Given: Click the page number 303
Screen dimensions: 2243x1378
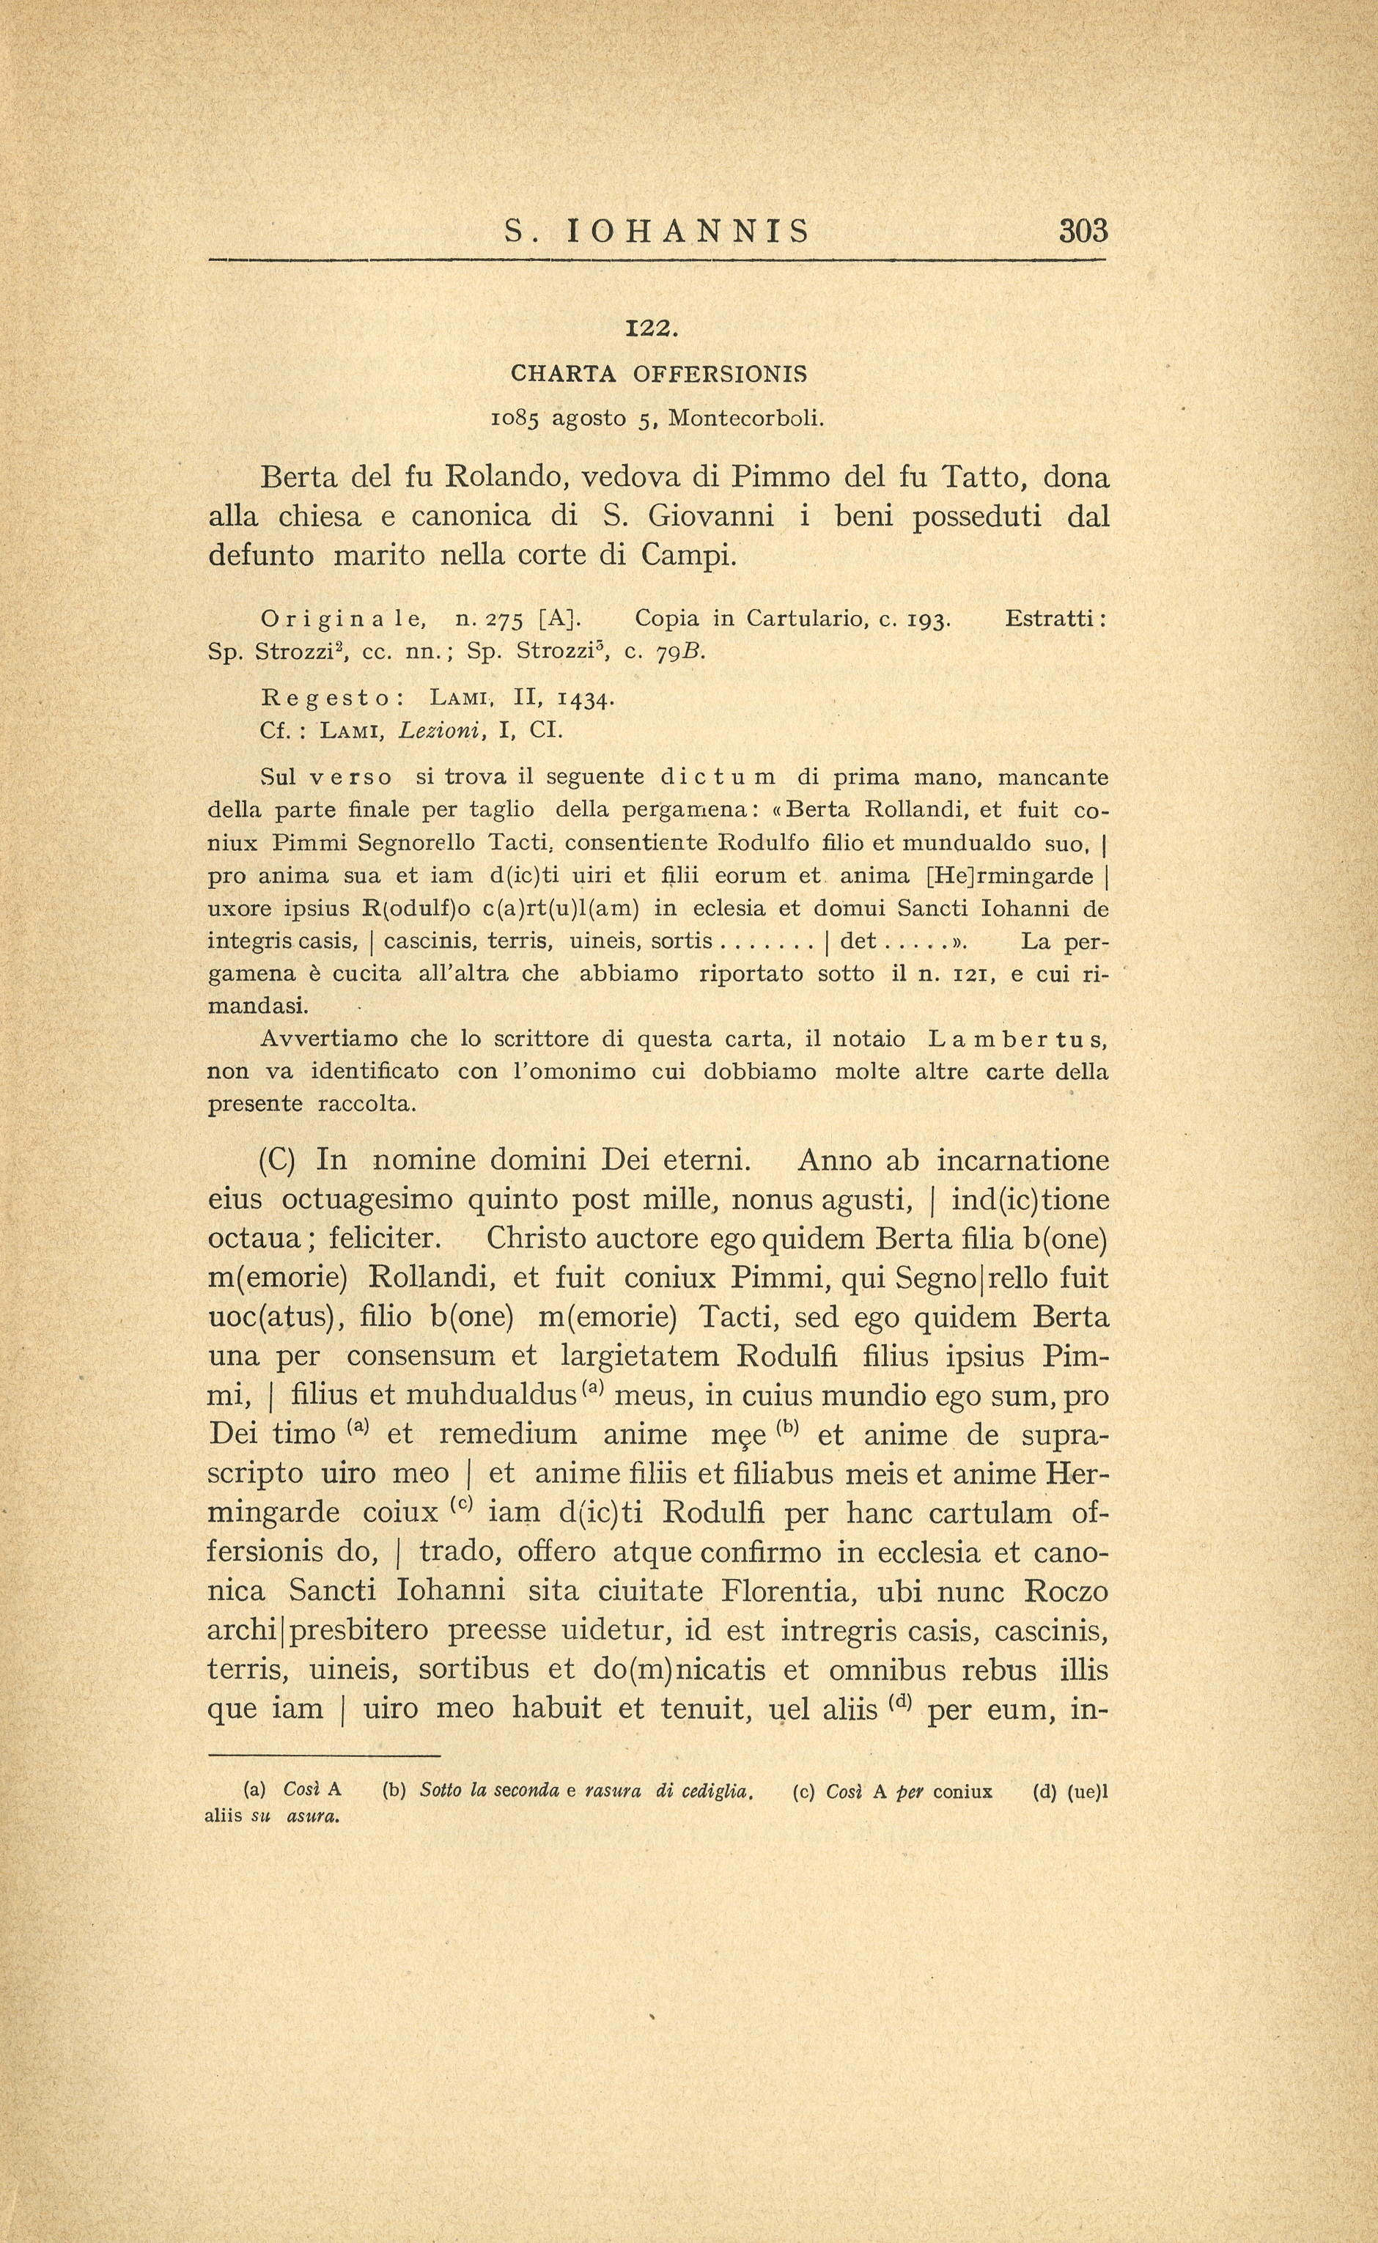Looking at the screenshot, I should pos(1083,231).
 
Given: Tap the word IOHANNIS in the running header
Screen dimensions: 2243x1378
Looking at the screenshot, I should pos(688,232).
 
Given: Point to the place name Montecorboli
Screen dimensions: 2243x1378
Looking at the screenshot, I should pos(745,419).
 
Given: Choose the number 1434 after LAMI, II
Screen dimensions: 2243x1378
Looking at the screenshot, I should pos(583,699).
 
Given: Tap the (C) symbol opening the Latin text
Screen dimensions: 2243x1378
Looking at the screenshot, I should pos(277,1161).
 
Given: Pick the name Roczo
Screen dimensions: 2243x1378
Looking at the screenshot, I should pos(1066,1591).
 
